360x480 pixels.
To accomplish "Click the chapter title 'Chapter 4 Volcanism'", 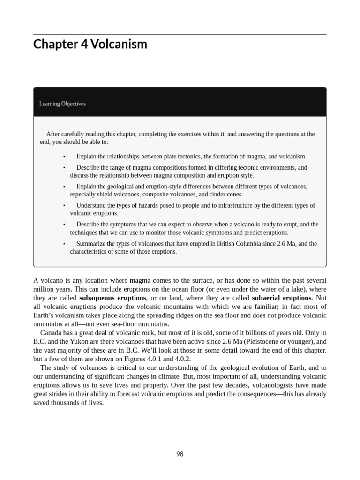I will [x=90, y=45].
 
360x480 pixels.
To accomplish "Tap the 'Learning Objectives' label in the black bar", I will [x=62, y=104].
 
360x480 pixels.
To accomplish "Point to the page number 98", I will [x=180, y=454].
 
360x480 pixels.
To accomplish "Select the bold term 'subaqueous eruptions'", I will [x=112, y=298].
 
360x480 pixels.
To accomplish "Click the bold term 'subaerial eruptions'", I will [x=281, y=298].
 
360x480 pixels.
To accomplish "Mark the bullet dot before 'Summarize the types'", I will [x=64, y=244].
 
